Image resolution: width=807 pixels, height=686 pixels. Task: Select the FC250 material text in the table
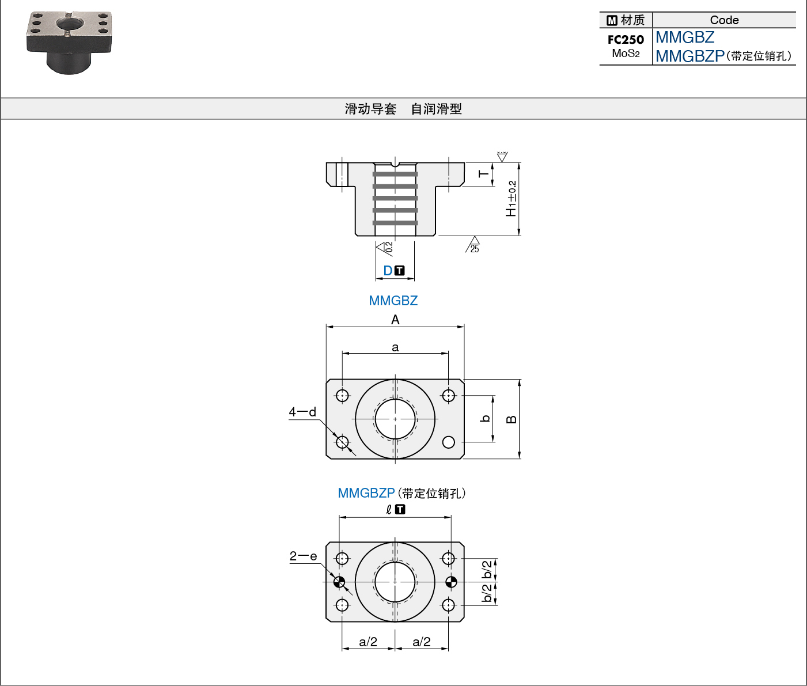tap(626, 39)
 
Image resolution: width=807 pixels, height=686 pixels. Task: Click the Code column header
tap(724, 20)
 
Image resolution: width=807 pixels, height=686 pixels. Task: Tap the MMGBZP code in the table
tap(690, 56)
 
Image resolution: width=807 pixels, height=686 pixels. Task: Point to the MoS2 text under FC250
tap(626, 53)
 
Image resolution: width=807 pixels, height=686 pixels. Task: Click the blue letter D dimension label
tap(388, 271)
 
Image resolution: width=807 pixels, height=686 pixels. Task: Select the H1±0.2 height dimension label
tap(511, 198)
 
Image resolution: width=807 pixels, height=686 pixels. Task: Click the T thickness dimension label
tap(483, 174)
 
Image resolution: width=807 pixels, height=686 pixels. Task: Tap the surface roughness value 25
tap(475, 249)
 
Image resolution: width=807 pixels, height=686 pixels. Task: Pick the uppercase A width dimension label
tap(395, 320)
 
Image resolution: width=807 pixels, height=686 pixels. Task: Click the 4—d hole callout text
tap(302, 412)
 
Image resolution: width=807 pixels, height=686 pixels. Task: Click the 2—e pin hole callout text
tap(303, 556)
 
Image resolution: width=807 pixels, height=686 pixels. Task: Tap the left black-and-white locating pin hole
tap(339, 582)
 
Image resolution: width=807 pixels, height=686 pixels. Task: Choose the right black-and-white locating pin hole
tap(451, 582)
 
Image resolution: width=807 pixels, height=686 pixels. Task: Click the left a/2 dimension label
tap(367, 642)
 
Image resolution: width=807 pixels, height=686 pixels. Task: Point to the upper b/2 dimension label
tap(487, 570)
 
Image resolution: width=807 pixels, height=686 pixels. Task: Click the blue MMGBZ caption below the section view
tap(393, 300)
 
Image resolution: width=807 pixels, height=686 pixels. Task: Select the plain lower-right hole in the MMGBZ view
tap(449, 442)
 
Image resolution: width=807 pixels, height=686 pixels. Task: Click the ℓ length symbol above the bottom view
tap(389, 510)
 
